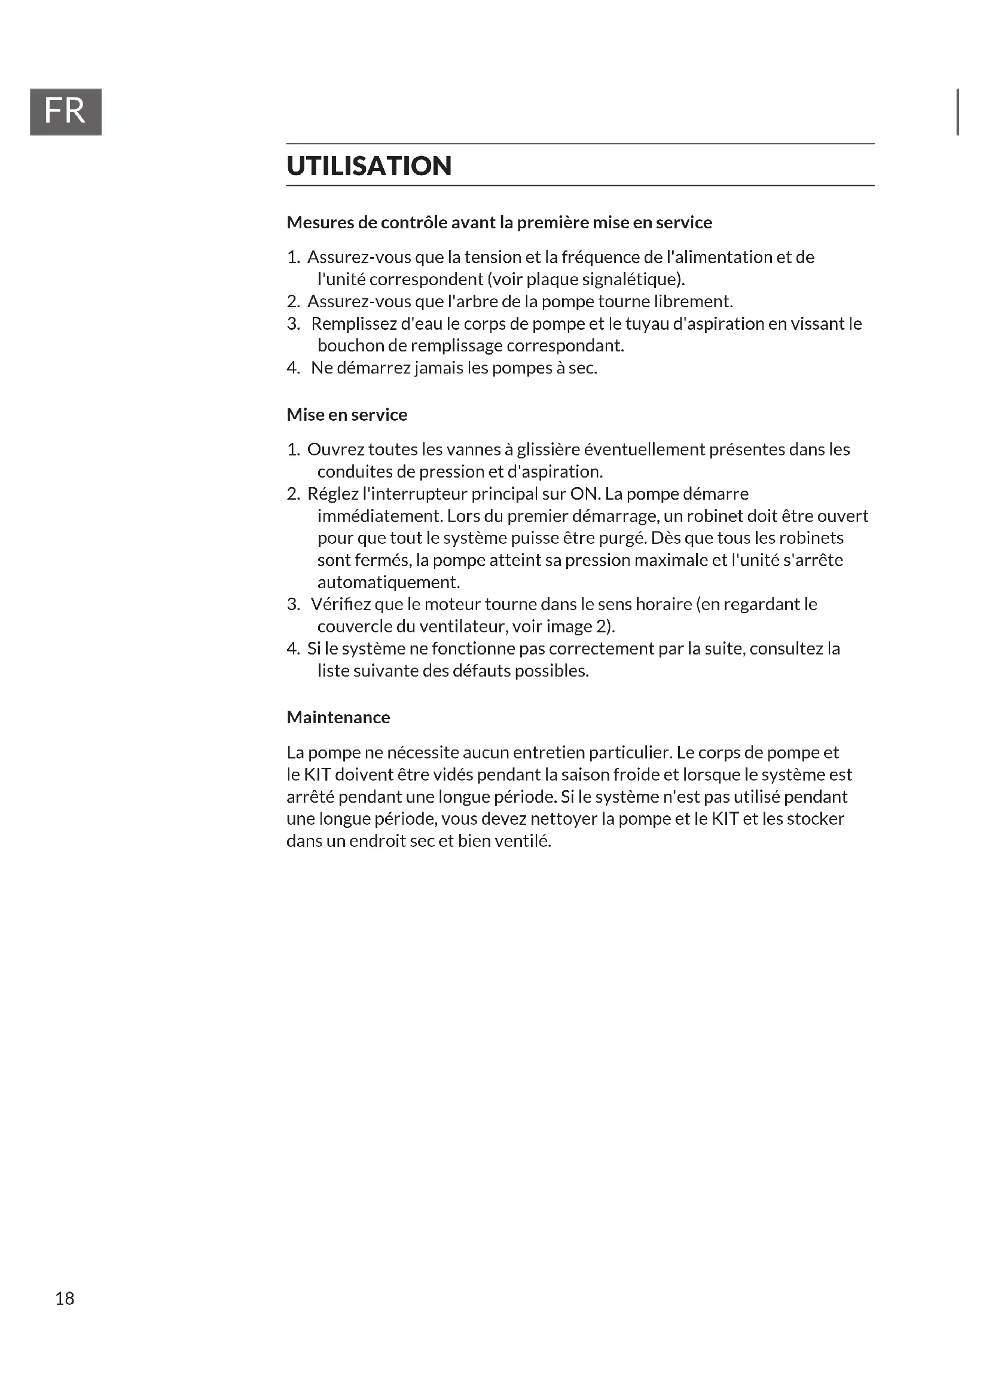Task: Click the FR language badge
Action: coord(65,111)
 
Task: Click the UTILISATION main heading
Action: coord(369,166)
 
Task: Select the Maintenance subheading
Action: coord(338,717)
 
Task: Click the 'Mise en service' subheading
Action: coord(347,415)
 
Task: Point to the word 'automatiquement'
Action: coord(388,582)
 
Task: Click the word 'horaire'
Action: coord(663,604)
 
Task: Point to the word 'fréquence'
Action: coord(600,258)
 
